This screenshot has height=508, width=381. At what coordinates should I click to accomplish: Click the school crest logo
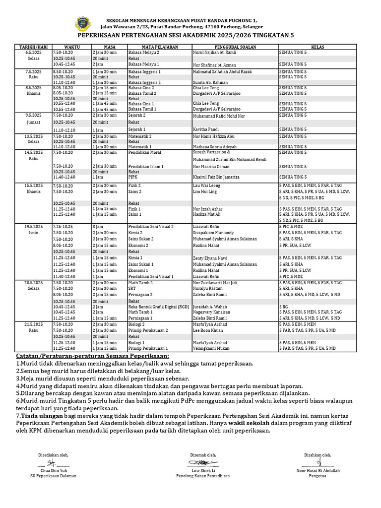click(x=82, y=23)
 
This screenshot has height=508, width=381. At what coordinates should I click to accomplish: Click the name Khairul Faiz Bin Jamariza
click(x=216, y=177)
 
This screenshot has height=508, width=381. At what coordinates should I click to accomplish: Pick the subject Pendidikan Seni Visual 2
click(x=151, y=226)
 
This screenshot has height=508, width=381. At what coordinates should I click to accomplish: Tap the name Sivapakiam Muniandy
click(x=214, y=233)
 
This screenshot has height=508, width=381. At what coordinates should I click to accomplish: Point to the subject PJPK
click(x=133, y=177)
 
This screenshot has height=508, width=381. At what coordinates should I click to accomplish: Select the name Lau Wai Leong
click(x=207, y=185)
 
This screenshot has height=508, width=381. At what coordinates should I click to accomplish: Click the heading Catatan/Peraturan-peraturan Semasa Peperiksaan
click(x=92, y=356)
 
